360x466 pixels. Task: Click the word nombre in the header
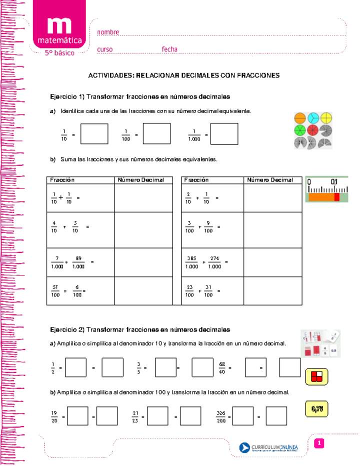(108, 32)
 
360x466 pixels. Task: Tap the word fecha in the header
(170, 49)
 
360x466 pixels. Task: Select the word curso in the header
(104, 49)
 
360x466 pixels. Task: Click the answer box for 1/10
(94, 134)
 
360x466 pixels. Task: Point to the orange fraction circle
(300, 118)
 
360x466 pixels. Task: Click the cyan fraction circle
(313, 118)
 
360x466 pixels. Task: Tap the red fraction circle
(313, 130)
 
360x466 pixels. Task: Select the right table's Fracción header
(196, 180)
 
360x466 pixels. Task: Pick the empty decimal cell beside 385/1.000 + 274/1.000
(272, 262)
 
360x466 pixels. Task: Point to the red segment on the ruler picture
(337, 197)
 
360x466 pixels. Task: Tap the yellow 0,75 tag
(316, 409)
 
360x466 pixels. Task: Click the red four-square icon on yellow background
(316, 376)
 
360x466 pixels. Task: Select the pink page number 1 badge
(320, 443)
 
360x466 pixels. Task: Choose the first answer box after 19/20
(77, 416)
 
